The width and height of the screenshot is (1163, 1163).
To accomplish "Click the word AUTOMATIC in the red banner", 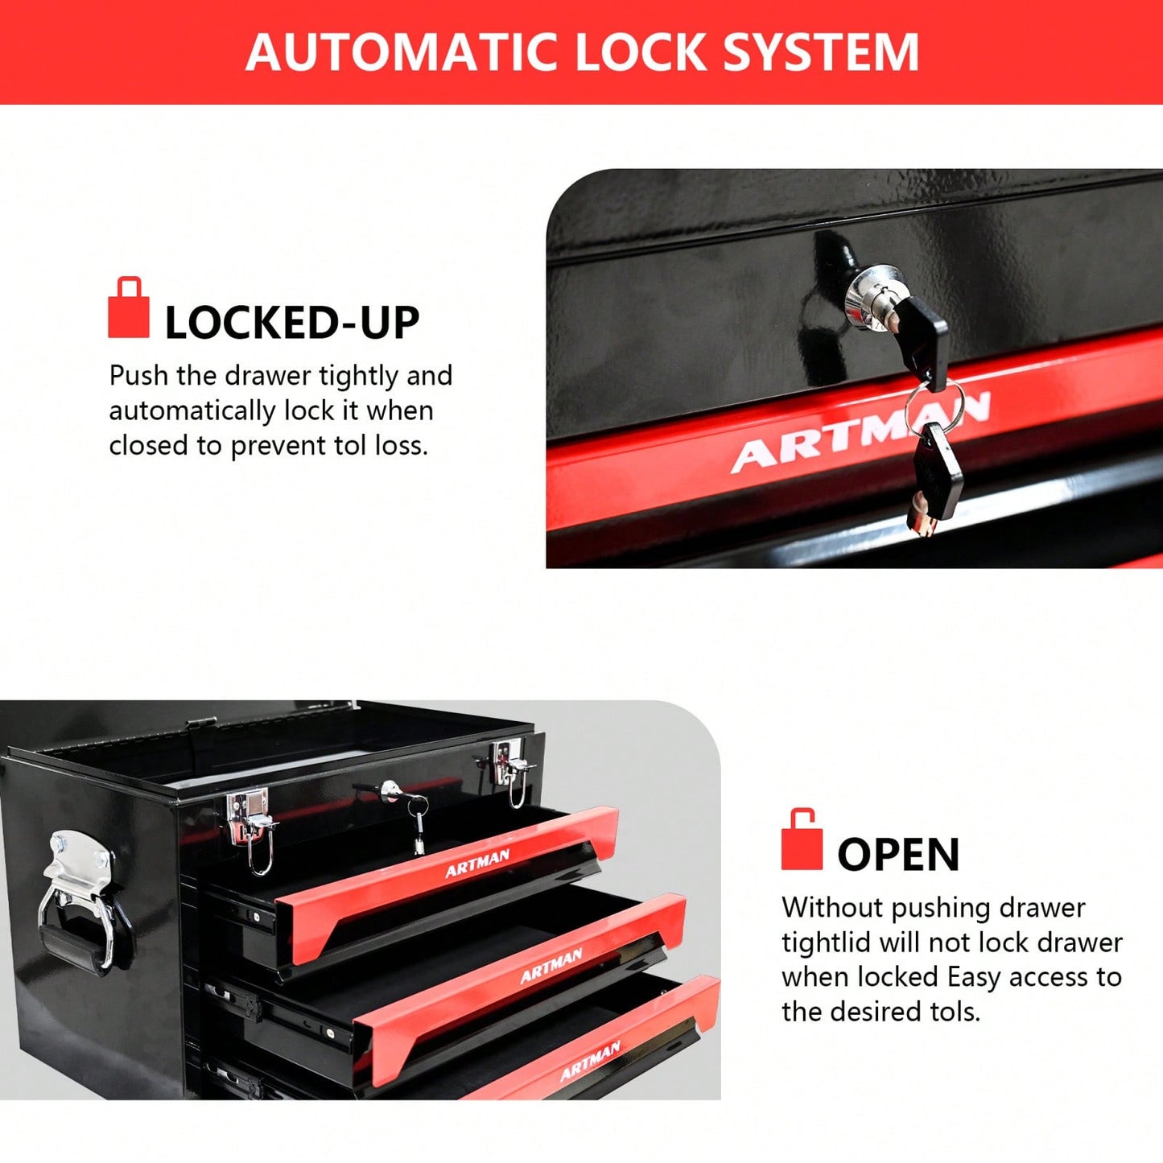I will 402,52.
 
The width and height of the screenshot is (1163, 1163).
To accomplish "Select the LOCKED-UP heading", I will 292,323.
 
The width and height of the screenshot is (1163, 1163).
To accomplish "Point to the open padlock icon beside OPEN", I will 802,840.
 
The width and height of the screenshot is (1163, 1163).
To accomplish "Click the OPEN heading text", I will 898,855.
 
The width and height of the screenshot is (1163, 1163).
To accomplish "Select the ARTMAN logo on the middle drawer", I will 551,966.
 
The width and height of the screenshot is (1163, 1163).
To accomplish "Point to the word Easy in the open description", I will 975,977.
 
